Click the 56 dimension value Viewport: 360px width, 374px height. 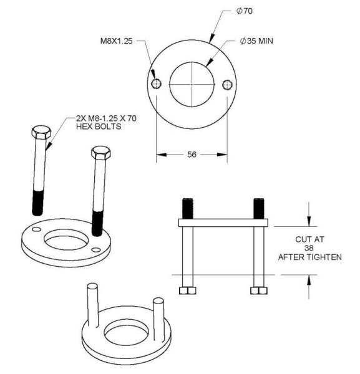(192, 155)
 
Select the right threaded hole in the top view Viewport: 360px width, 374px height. (226, 84)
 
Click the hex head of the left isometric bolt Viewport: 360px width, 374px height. (41, 133)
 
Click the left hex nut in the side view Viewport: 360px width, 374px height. (187, 290)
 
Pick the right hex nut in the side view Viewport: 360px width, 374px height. (257, 290)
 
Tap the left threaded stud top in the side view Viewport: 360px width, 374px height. (187, 207)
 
